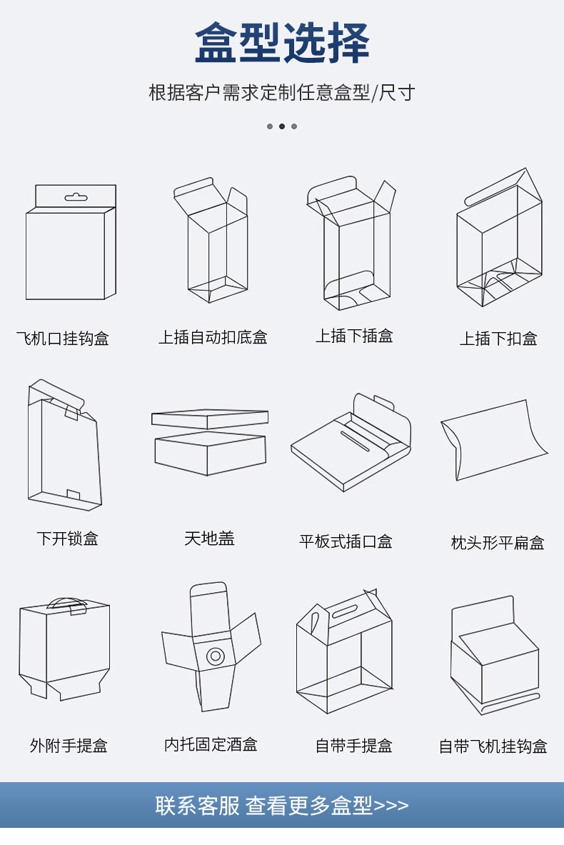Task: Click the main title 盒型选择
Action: [282, 44]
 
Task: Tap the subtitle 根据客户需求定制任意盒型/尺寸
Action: [282, 93]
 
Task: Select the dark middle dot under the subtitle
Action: [282, 126]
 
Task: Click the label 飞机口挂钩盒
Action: [63, 339]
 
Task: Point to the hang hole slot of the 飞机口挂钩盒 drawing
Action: [75, 197]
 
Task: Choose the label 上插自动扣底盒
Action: [213, 337]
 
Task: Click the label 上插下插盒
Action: [354, 336]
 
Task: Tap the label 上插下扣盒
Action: [498, 339]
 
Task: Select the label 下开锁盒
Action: [67, 539]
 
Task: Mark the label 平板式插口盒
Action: [346, 541]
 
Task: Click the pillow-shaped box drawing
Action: [493, 439]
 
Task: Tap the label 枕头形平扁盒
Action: [498, 543]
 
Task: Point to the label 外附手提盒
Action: [69, 746]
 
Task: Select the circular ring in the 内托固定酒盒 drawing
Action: [214, 655]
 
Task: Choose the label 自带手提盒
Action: [354, 746]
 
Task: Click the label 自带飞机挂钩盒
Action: [493, 746]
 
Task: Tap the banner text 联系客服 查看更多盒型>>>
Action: [282, 806]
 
